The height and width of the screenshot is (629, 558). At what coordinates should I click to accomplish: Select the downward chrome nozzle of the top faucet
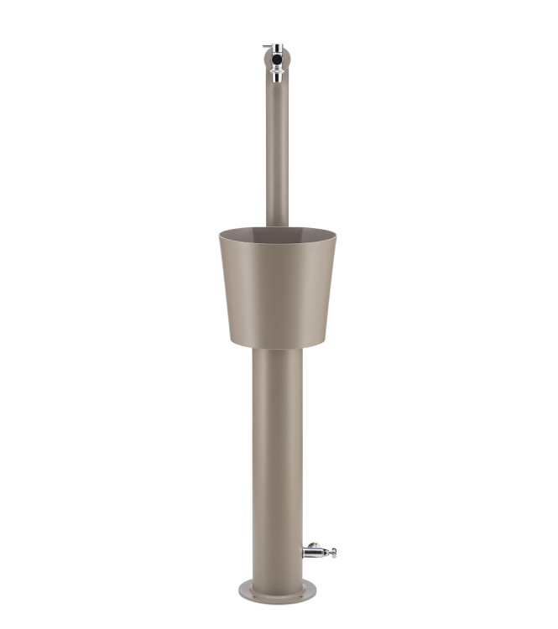coord(276,75)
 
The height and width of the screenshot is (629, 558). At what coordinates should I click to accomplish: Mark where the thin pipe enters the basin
coord(277,225)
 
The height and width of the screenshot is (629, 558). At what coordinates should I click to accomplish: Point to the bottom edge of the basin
coord(277,347)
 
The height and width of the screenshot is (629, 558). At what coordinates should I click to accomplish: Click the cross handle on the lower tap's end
coord(332,552)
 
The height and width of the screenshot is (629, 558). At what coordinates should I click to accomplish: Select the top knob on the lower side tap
coord(314,544)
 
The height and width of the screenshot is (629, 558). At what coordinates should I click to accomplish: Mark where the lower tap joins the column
coord(304,552)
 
